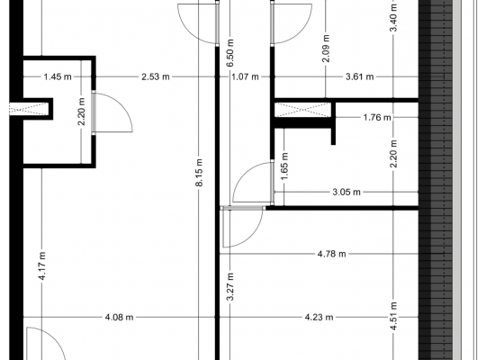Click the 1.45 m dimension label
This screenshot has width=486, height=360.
tap(58, 76)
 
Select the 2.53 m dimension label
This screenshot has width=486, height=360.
tap(156, 76)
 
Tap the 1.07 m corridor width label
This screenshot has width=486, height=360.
tap(245, 76)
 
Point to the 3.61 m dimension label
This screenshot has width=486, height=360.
tap(359, 76)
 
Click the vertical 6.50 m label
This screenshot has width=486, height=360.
tap(230, 53)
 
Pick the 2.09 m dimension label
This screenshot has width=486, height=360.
tap(326, 48)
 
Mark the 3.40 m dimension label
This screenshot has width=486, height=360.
tap(393, 18)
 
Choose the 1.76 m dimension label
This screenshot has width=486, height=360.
tap(377, 118)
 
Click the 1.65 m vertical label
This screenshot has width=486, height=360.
tap(284, 166)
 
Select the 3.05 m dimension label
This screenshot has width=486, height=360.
tap(346, 193)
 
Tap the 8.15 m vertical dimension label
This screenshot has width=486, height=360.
tap(199, 173)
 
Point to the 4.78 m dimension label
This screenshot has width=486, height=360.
tap(331, 254)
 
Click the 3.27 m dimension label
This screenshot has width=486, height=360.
tap(230, 287)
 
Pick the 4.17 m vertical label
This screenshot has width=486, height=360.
tap(42, 265)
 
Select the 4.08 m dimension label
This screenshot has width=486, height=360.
tap(120, 317)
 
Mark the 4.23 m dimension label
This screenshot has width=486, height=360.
tap(319, 317)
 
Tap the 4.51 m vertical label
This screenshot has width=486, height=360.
tap(393, 316)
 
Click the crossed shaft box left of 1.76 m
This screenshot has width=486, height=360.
tap(302, 110)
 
